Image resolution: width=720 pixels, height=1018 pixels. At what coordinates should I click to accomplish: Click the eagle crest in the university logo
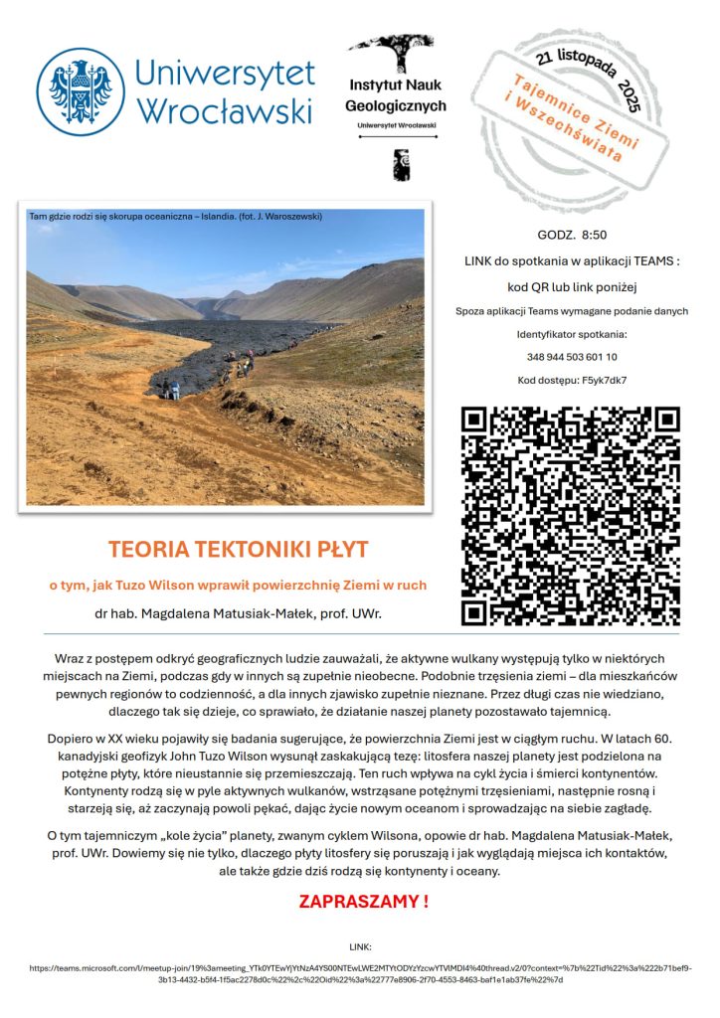(81, 92)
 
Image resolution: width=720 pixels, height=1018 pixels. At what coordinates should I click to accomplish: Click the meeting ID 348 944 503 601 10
(571, 356)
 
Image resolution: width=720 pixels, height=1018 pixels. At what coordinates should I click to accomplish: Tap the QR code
(571, 516)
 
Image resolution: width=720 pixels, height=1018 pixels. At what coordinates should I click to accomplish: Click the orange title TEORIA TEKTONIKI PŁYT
(238, 549)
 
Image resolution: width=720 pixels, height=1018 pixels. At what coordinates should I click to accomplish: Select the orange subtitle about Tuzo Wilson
(238, 585)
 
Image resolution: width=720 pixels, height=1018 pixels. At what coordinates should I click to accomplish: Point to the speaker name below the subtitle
(238, 613)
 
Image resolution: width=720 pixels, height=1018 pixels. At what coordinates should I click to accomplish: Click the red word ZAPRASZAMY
(364, 902)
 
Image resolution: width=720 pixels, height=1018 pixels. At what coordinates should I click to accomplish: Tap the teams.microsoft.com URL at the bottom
(360, 972)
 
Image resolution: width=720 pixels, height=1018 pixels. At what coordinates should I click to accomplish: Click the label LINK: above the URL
(360, 947)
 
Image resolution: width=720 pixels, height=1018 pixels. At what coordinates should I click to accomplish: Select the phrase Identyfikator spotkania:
(571, 334)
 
